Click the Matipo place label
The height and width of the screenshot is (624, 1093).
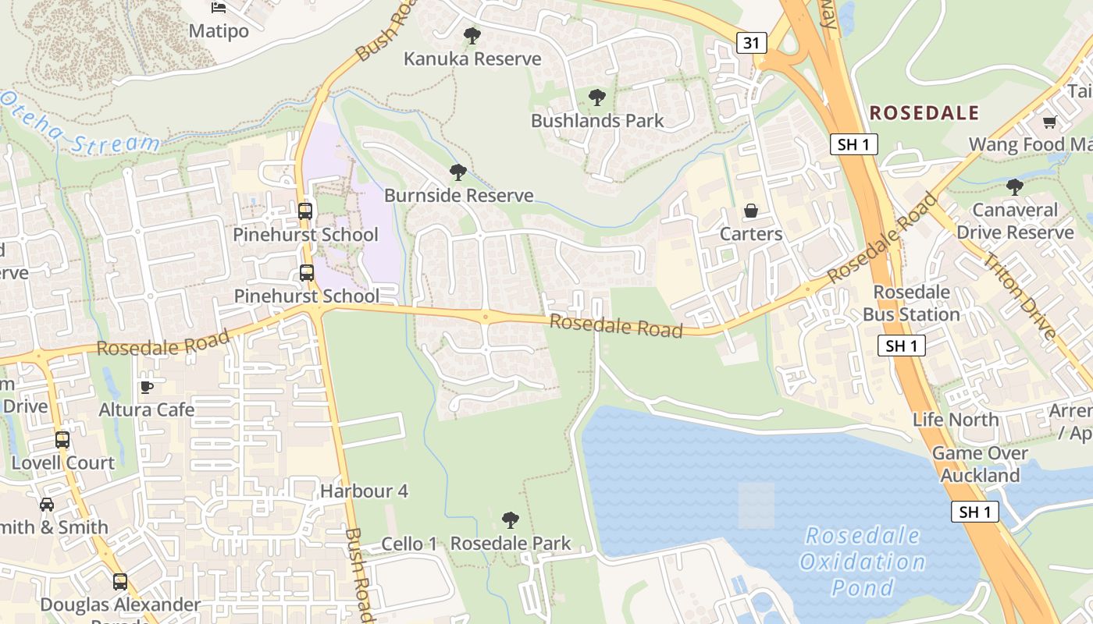click(219, 31)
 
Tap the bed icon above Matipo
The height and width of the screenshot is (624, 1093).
click(219, 8)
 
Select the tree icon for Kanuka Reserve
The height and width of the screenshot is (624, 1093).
click(472, 35)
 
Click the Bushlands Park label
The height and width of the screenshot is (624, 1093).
click(597, 121)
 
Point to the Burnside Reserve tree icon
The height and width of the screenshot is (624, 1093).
click(458, 172)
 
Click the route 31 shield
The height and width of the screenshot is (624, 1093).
click(750, 43)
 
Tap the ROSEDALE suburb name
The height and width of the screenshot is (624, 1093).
click(924, 113)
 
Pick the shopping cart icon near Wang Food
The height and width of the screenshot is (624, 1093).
click(1049, 122)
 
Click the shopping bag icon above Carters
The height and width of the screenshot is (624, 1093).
click(751, 211)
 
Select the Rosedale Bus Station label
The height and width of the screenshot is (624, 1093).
click(911, 303)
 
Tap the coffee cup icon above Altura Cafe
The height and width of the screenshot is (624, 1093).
click(146, 387)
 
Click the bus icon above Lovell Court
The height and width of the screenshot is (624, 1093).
click(62, 440)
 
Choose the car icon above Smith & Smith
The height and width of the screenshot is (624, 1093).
click(47, 505)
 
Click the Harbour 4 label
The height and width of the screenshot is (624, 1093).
click(364, 491)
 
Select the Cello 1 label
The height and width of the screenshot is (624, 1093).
click(409, 544)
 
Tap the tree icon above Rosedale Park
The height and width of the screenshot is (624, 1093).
click(511, 519)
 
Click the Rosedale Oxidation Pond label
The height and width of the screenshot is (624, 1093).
click(862, 561)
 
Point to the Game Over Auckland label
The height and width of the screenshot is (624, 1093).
click(980, 464)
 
